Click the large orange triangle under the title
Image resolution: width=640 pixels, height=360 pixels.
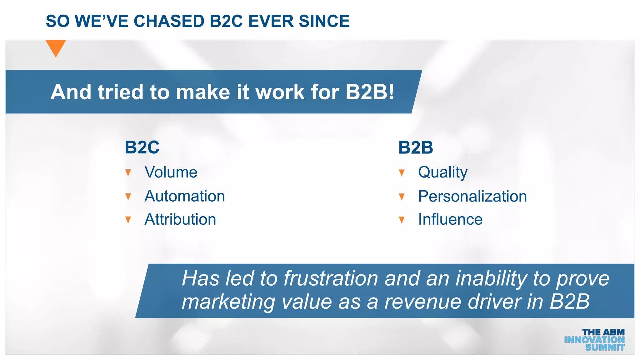pyautogui.click(x=56, y=47)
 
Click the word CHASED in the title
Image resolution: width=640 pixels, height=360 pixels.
pyautogui.click(x=169, y=21)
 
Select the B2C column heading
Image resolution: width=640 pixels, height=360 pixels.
pyautogui.click(x=142, y=147)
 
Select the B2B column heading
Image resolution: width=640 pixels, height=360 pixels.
pyautogui.click(x=416, y=147)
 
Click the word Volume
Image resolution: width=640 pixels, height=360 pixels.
pyautogui.click(x=171, y=172)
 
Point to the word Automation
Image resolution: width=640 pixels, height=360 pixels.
pyautogui.click(x=185, y=196)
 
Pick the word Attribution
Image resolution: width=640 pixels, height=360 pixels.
pyautogui.click(x=180, y=219)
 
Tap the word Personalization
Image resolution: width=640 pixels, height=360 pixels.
pyautogui.click(x=472, y=197)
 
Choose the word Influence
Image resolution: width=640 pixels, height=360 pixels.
pyautogui.click(x=450, y=219)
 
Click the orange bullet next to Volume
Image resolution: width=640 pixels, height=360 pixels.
pyautogui.click(x=128, y=173)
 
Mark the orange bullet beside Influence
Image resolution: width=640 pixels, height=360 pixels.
pyautogui.click(x=402, y=220)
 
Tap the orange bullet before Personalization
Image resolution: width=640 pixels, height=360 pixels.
pyautogui.click(x=402, y=197)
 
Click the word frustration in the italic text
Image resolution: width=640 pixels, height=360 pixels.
pyautogui.click(x=331, y=278)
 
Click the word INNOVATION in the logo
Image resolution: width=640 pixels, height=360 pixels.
pyautogui.click(x=594, y=340)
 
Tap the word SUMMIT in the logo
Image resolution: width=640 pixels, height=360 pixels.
pyautogui.click(x=605, y=347)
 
